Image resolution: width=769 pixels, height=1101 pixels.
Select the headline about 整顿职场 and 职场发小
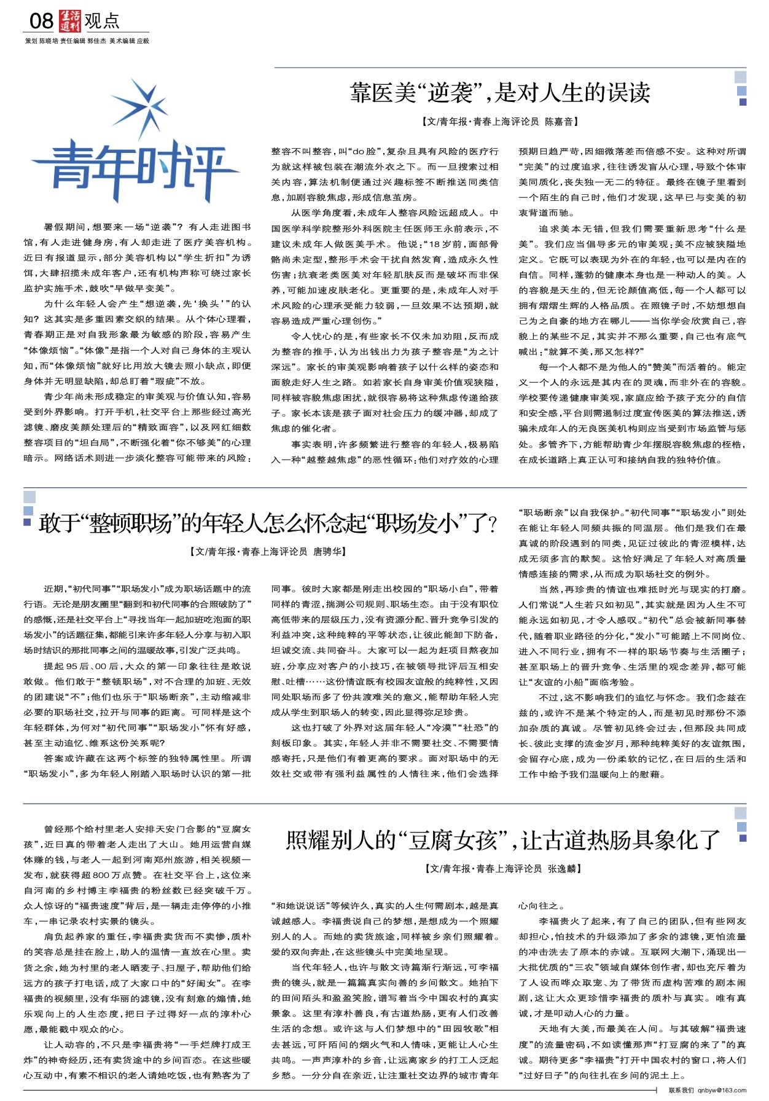[x=268, y=524]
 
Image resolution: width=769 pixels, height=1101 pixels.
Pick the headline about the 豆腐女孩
[x=503, y=840]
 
